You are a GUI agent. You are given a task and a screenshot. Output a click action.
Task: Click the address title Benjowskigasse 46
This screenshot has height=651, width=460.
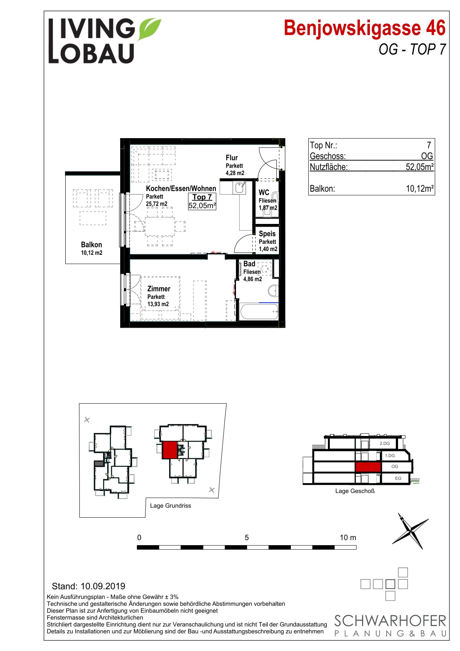click(x=365, y=28)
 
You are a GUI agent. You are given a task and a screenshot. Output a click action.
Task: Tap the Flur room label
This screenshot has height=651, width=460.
click(x=232, y=158)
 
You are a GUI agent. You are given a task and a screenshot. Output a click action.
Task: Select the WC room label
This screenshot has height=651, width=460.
click(x=264, y=192)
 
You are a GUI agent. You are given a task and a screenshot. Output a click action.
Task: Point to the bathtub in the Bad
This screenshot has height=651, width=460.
click(x=259, y=312)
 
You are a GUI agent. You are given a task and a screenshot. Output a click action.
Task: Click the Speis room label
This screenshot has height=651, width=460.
click(x=267, y=234)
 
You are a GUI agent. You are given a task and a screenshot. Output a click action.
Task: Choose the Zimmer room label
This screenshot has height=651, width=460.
click(x=159, y=289)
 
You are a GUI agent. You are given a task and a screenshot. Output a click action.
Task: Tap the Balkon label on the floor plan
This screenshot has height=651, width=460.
click(x=91, y=245)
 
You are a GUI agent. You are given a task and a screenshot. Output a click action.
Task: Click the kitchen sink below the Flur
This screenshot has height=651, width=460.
click(x=240, y=188)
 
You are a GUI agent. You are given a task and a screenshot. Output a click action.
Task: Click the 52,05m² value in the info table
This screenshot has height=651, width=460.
click(x=420, y=167)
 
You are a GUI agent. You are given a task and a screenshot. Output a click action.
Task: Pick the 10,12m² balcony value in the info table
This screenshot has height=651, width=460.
click(x=420, y=189)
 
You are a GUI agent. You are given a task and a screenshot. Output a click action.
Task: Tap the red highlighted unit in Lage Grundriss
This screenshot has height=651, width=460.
click(x=170, y=450)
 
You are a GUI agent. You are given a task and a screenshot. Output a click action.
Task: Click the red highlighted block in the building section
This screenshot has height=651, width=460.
click(x=368, y=467)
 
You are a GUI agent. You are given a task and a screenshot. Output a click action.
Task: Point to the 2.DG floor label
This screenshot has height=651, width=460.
click(x=385, y=443)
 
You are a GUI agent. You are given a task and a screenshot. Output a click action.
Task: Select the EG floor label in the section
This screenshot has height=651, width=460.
click(x=398, y=478)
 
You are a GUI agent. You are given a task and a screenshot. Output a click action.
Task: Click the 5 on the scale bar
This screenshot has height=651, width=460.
click(x=247, y=537)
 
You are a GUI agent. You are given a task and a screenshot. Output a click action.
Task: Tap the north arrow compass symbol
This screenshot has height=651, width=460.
click(x=410, y=531)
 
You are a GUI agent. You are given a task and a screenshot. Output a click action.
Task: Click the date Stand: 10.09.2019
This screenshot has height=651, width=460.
click(x=89, y=586)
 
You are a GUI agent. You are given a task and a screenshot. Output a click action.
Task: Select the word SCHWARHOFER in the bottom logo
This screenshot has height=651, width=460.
click(x=390, y=621)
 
